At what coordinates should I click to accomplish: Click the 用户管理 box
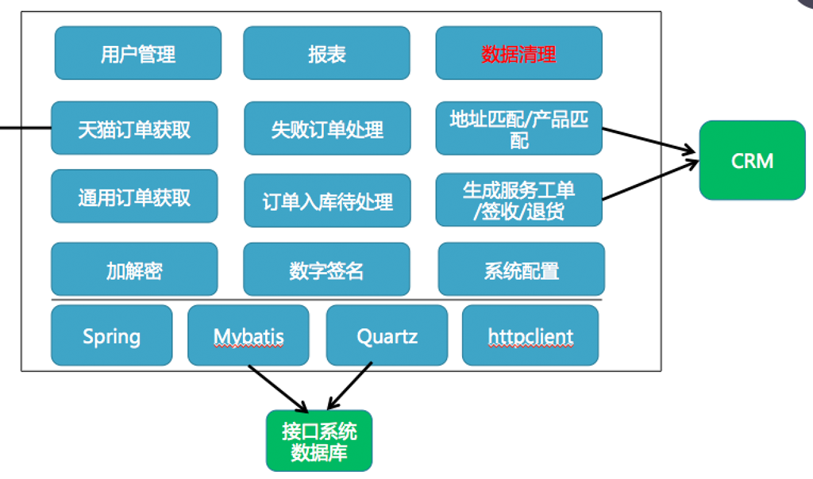(138, 53)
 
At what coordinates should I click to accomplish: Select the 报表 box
(326, 53)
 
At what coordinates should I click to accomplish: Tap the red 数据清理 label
(518, 54)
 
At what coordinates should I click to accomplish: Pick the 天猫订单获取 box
(134, 128)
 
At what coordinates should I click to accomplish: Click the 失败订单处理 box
(327, 128)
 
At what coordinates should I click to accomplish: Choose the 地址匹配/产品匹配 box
(518, 128)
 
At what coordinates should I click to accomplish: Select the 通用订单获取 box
(134, 196)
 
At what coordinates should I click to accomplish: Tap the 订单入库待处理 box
(327, 201)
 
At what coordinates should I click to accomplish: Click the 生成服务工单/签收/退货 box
(518, 200)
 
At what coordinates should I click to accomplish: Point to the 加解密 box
(134, 269)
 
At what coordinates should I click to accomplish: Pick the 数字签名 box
(326, 270)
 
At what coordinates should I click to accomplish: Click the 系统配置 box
(521, 270)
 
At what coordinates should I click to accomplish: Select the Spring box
(111, 335)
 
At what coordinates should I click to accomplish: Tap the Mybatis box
(249, 335)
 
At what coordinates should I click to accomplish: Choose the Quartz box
(387, 335)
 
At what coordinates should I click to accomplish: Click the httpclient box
(530, 335)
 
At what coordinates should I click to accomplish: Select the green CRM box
(752, 160)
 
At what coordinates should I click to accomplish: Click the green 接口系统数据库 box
(318, 441)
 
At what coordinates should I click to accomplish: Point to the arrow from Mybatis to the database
(278, 386)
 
